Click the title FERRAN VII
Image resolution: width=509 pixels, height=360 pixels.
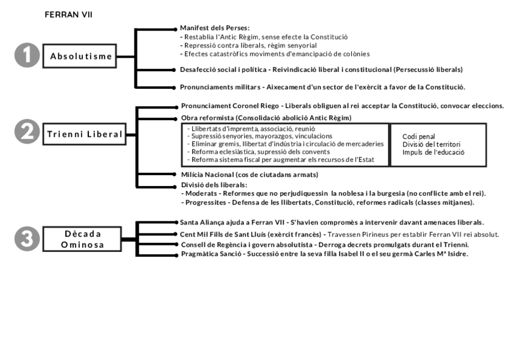(x=68, y=14)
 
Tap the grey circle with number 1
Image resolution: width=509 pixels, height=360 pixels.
(x=26, y=56)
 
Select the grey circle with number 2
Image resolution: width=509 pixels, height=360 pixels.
(x=26, y=134)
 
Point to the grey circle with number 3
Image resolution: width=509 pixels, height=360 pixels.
(x=26, y=239)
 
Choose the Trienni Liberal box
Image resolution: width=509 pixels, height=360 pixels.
(x=85, y=134)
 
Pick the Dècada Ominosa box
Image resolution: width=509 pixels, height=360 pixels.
(x=83, y=239)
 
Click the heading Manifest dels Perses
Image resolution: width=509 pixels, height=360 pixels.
(x=214, y=28)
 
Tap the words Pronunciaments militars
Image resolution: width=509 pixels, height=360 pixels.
(x=220, y=87)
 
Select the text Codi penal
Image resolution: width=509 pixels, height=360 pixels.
(x=418, y=136)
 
